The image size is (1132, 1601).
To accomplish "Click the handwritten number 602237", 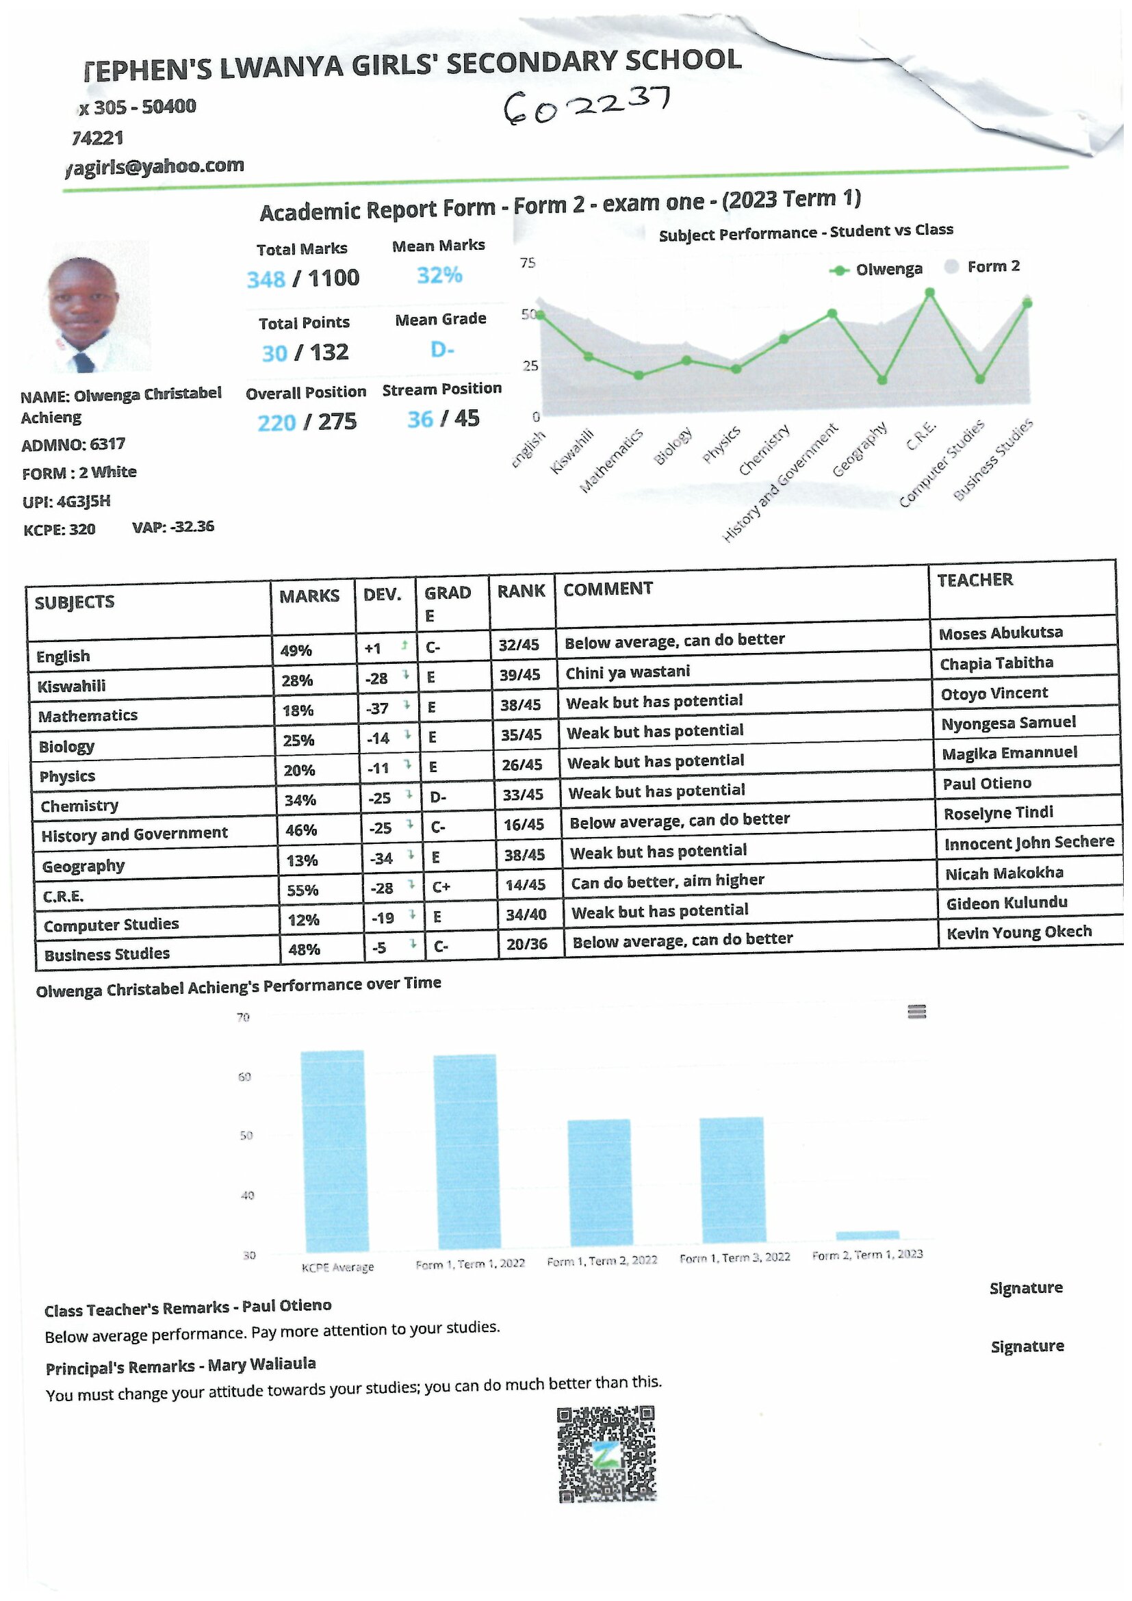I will click(587, 105).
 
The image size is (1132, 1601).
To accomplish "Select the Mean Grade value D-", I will click(442, 348).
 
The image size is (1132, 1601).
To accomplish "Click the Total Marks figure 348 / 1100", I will click(303, 279).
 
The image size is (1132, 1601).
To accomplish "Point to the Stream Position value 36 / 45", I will click(443, 419).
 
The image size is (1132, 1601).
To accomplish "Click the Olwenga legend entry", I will click(877, 269).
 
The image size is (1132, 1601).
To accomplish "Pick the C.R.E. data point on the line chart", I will click(929, 293).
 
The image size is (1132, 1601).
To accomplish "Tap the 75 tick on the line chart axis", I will click(528, 263).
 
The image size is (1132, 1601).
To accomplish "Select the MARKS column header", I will click(309, 595).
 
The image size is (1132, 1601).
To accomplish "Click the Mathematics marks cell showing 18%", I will click(298, 710).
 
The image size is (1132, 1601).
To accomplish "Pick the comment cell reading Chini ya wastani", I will click(628, 672).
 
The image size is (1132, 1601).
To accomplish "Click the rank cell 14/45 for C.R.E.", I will click(525, 885).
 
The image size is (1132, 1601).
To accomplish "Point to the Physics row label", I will click(67, 776).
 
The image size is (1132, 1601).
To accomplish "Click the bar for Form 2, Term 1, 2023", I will click(867, 1234).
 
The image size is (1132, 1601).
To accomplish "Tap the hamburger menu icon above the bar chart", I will click(916, 1011).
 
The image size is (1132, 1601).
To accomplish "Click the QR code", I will click(606, 1454).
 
